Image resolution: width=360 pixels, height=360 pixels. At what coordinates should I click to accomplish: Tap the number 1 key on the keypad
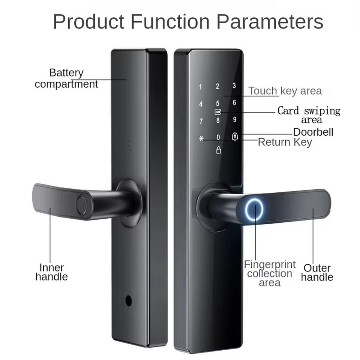[x=200, y=87]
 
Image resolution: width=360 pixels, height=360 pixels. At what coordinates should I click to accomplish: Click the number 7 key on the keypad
[x=201, y=121]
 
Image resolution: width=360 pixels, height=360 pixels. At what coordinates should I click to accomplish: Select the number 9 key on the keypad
[x=235, y=120]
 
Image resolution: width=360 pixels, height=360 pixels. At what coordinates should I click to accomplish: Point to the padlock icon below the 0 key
[x=219, y=150]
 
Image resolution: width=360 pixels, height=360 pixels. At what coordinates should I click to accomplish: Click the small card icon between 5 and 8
[x=217, y=112]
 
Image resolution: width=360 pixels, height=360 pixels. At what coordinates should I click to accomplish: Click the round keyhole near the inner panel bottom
[x=129, y=300]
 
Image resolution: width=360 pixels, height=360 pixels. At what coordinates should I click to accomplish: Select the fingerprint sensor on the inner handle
[x=82, y=204]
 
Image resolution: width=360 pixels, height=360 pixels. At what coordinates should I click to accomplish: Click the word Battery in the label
[x=66, y=73]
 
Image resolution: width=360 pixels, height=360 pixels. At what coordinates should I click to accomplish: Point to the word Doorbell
[x=313, y=132]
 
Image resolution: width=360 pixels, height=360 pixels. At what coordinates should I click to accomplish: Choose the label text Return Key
[x=285, y=142]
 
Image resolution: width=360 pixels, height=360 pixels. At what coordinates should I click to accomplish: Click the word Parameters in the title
[x=270, y=22]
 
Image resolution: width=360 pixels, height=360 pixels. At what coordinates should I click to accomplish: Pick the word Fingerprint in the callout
[x=270, y=264]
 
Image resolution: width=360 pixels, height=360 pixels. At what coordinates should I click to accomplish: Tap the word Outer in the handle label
[x=317, y=268]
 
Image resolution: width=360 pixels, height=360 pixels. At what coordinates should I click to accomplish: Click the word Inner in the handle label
[x=52, y=268]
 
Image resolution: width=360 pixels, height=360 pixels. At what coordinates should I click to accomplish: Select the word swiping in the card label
[x=322, y=111]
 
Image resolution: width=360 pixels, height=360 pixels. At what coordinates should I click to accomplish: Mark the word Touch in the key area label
[x=263, y=91]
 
